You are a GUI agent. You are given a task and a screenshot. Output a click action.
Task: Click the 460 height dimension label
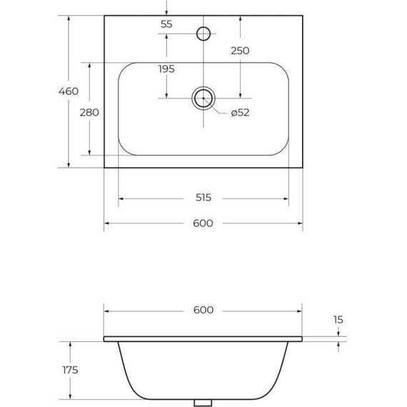(68, 91)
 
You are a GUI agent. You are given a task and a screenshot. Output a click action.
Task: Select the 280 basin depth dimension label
(89, 112)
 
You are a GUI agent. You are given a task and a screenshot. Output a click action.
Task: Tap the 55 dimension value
(166, 24)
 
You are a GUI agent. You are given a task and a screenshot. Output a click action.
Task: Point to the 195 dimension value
(166, 69)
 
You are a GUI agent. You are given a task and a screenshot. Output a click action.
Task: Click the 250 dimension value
(240, 51)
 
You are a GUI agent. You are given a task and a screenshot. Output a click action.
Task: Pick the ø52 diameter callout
(239, 112)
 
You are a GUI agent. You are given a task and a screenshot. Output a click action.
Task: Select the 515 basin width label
(203, 198)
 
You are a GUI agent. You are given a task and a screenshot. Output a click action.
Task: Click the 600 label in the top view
(203, 223)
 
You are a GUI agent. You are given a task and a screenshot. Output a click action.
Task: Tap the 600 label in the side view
(203, 310)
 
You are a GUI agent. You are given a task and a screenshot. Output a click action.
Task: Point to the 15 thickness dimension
(338, 320)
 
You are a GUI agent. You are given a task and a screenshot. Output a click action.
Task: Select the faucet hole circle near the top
(203, 33)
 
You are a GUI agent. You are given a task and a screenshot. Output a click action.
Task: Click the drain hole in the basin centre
(203, 99)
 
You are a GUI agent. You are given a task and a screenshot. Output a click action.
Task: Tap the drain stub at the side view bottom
(203, 403)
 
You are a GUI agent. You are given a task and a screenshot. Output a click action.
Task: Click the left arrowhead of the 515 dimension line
(121, 198)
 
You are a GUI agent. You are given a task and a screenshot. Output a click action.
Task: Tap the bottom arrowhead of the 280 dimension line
(89, 152)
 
